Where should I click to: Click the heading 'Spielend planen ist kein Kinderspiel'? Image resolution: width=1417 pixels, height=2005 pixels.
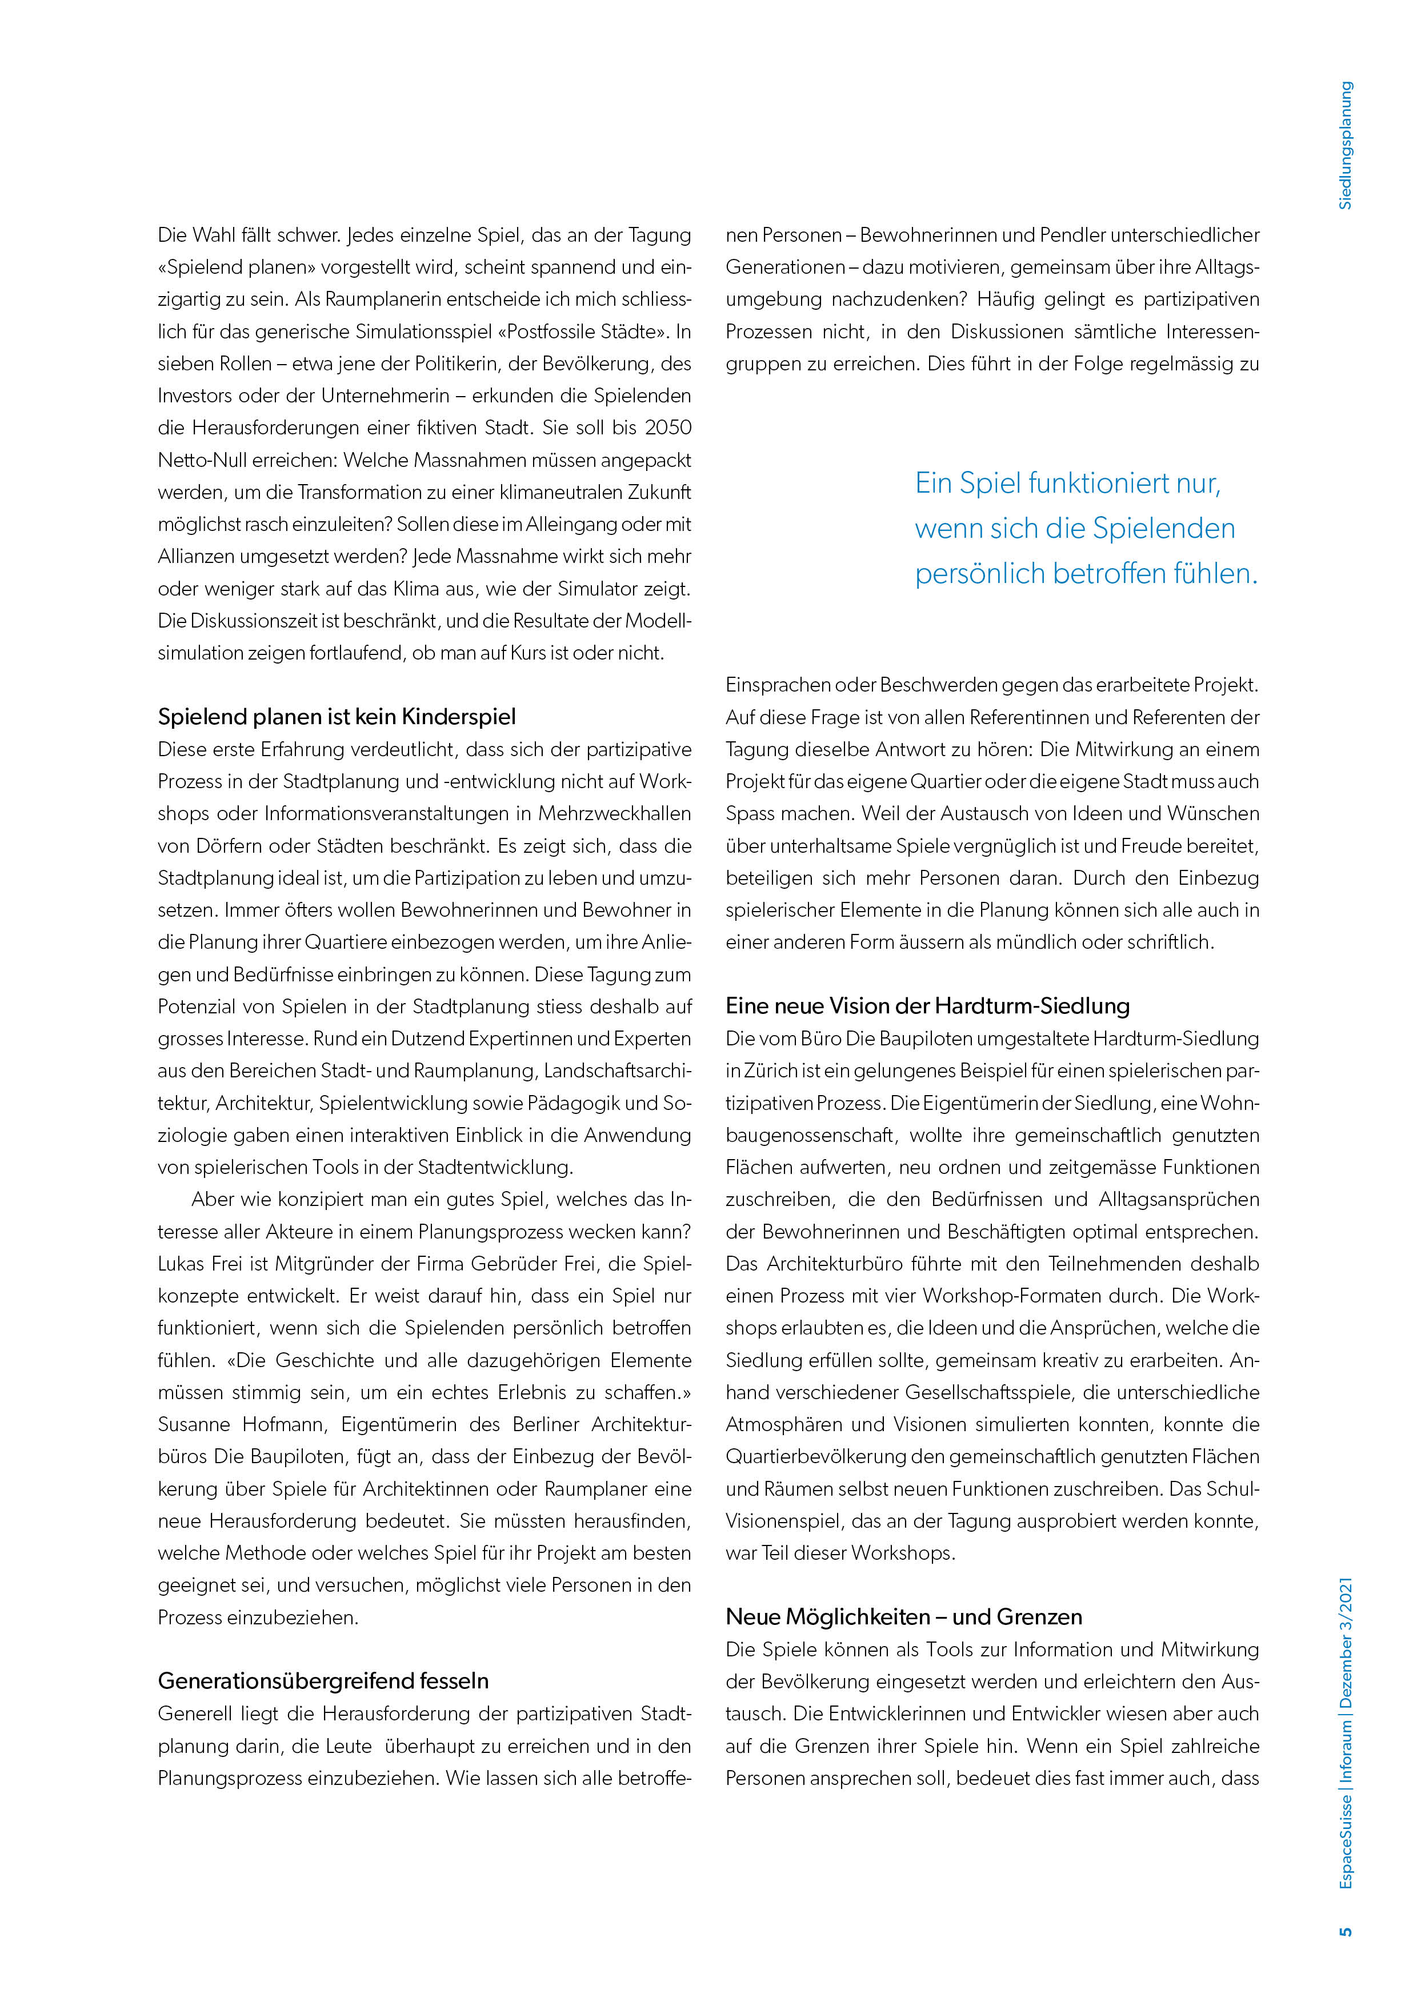click(336, 717)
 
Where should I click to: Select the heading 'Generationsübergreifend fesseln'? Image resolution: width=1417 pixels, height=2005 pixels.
click(323, 1681)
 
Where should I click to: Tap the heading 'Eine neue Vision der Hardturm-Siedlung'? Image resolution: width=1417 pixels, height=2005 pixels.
click(927, 1006)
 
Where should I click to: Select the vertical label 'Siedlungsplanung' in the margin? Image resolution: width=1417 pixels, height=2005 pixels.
click(1346, 145)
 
